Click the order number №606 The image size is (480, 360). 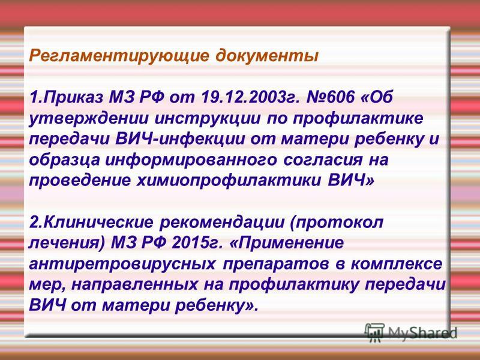pos(331,97)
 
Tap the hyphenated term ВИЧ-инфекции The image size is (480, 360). pos(181,139)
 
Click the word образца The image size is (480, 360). pos(64,160)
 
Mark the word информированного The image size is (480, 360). pos(190,160)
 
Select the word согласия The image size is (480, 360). pos(323,160)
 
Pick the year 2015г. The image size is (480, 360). pos(197,243)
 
